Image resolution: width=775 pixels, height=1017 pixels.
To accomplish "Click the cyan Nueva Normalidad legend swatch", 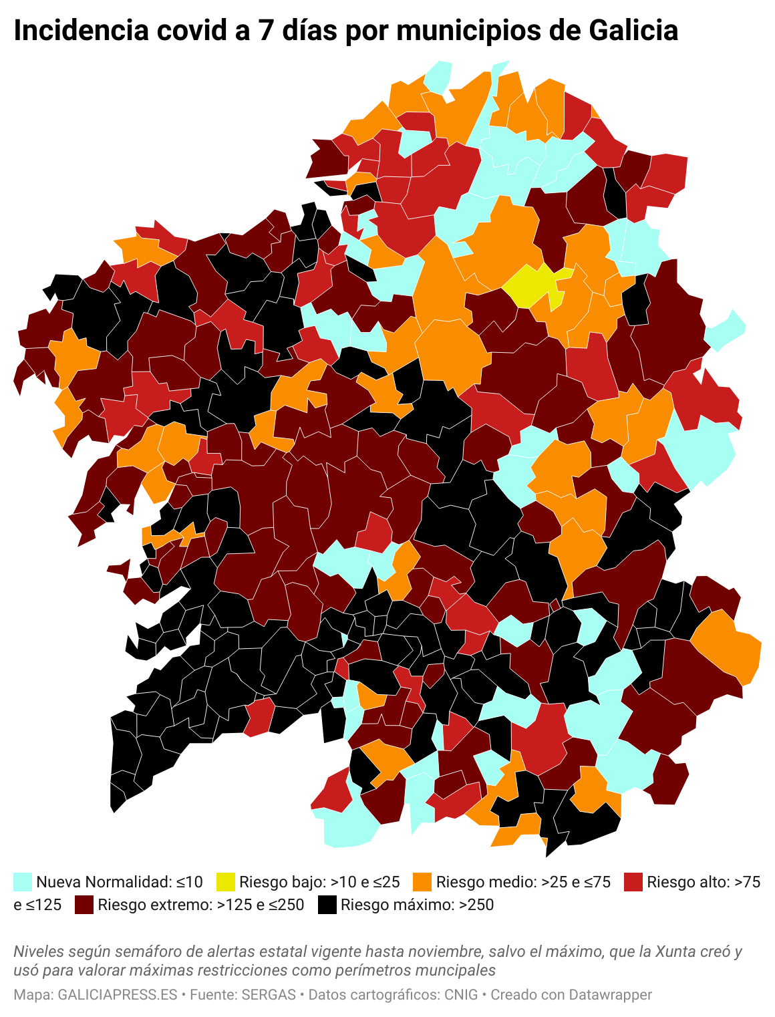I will point(23,881).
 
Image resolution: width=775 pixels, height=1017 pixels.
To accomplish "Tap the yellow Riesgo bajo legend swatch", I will point(226,881).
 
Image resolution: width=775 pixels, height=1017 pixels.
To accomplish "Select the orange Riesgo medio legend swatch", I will point(422,881).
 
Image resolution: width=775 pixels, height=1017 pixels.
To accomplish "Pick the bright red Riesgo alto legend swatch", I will point(633,881).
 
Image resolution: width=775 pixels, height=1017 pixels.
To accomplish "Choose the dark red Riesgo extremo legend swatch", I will point(84,905).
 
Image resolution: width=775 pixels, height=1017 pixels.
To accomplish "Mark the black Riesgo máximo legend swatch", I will point(327,905).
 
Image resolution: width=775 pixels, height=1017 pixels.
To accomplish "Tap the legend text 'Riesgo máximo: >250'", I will point(417,905).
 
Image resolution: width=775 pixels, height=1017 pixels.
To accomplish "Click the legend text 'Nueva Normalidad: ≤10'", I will point(119,881).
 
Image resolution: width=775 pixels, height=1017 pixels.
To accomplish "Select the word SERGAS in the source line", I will point(269,994).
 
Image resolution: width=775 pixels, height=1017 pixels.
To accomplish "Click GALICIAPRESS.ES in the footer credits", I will point(118,994).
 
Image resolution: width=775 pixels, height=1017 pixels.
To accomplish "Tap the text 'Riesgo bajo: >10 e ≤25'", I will point(319,881).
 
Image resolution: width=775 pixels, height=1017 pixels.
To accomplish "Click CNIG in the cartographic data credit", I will point(462,994).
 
